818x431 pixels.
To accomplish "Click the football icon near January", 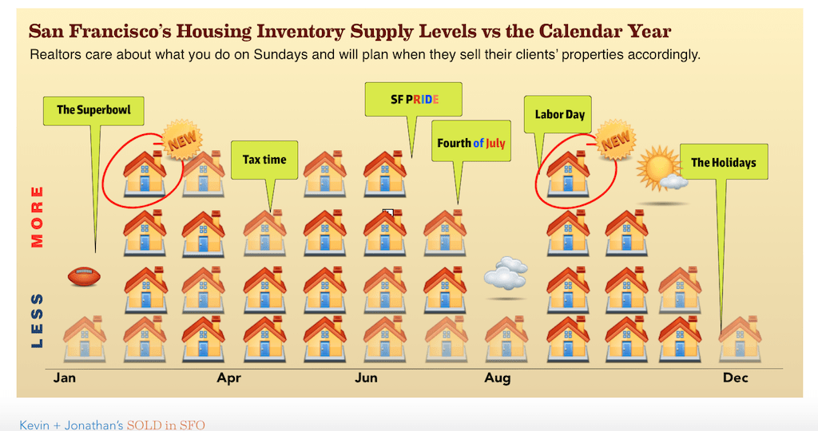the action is click(x=84, y=276).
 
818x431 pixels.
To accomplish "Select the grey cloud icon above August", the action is click(x=505, y=273).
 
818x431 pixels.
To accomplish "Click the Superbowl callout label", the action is click(x=93, y=110).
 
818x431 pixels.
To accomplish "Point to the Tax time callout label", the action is click(x=264, y=160).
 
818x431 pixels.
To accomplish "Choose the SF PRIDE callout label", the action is click(x=414, y=99).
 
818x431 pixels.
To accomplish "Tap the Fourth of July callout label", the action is click(x=471, y=143).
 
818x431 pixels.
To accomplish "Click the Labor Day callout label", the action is click(x=558, y=114).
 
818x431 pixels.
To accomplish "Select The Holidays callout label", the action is click(x=724, y=163).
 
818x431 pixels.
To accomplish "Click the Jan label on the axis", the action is click(x=65, y=378).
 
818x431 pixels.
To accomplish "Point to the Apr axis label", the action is click(x=229, y=378).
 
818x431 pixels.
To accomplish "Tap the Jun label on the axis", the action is click(x=366, y=378).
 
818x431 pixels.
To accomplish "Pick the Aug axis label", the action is click(x=497, y=378).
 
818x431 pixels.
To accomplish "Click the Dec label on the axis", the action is click(x=736, y=378).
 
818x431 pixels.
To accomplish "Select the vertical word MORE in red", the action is click(x=37, y=216).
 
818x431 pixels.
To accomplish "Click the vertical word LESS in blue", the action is click(x=37, y=321).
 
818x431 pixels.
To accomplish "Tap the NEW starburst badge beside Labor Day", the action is click(x=616, y=139).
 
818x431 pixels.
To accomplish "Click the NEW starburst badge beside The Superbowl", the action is click(x=182, y=139).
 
